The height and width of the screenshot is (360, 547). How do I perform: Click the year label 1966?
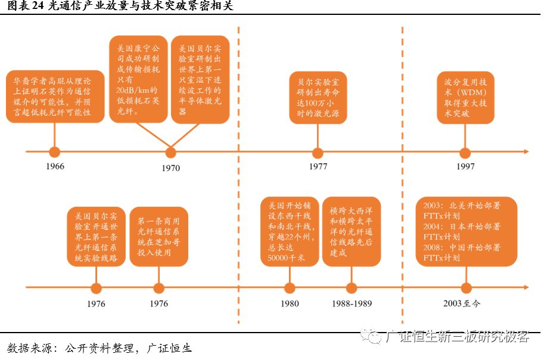click(x=55, y=167)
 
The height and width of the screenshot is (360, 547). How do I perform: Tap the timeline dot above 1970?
click(x=170, y=152)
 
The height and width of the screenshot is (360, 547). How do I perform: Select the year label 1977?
click(x=318, y=167)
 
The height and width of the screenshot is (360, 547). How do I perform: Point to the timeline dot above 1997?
click(x=465, y=152)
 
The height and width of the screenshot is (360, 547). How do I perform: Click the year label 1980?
click(x=290, y=303)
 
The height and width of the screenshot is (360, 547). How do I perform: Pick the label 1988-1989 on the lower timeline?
click(x=352, y=303)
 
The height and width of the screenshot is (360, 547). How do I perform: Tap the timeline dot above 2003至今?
click(x=465, y=288)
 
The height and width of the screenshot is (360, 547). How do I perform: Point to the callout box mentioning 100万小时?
click(x=318, y=97)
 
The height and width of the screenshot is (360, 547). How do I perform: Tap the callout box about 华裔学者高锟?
click(x=55, y=97)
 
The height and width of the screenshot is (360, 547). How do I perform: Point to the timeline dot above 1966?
click(x=55, y=152)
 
